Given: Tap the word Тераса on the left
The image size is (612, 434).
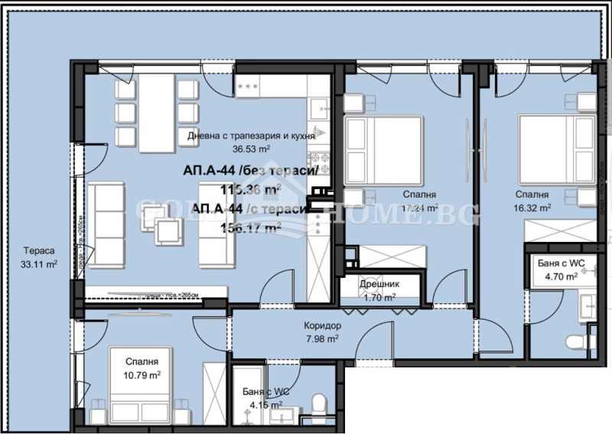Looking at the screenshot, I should [38, 252].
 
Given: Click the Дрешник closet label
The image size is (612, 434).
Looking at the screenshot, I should [379, 285].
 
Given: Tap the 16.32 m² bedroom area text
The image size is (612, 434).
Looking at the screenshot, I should [533, 207].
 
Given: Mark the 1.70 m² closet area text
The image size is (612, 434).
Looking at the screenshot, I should [379, 298].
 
